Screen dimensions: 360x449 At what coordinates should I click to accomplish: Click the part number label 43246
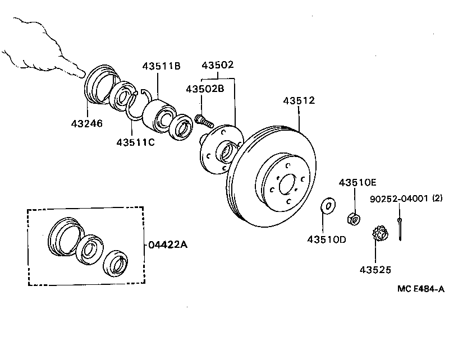point(87,123)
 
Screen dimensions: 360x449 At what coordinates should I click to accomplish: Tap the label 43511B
point(161,66)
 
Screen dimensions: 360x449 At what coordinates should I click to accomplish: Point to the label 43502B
point(205,89)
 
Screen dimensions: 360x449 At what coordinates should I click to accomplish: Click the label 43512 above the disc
point(299,101)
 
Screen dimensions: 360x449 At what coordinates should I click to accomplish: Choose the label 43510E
point(358,182)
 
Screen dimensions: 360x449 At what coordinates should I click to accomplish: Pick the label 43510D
point(326,239)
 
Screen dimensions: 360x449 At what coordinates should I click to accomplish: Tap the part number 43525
point(376,270)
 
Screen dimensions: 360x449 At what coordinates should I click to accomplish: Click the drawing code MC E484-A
point(421,289)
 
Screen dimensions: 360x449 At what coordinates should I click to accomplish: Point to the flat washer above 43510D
point(328,206)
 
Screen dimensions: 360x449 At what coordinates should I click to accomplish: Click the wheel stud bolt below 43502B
point(203,119)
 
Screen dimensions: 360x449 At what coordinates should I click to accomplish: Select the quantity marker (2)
point(438,199)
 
